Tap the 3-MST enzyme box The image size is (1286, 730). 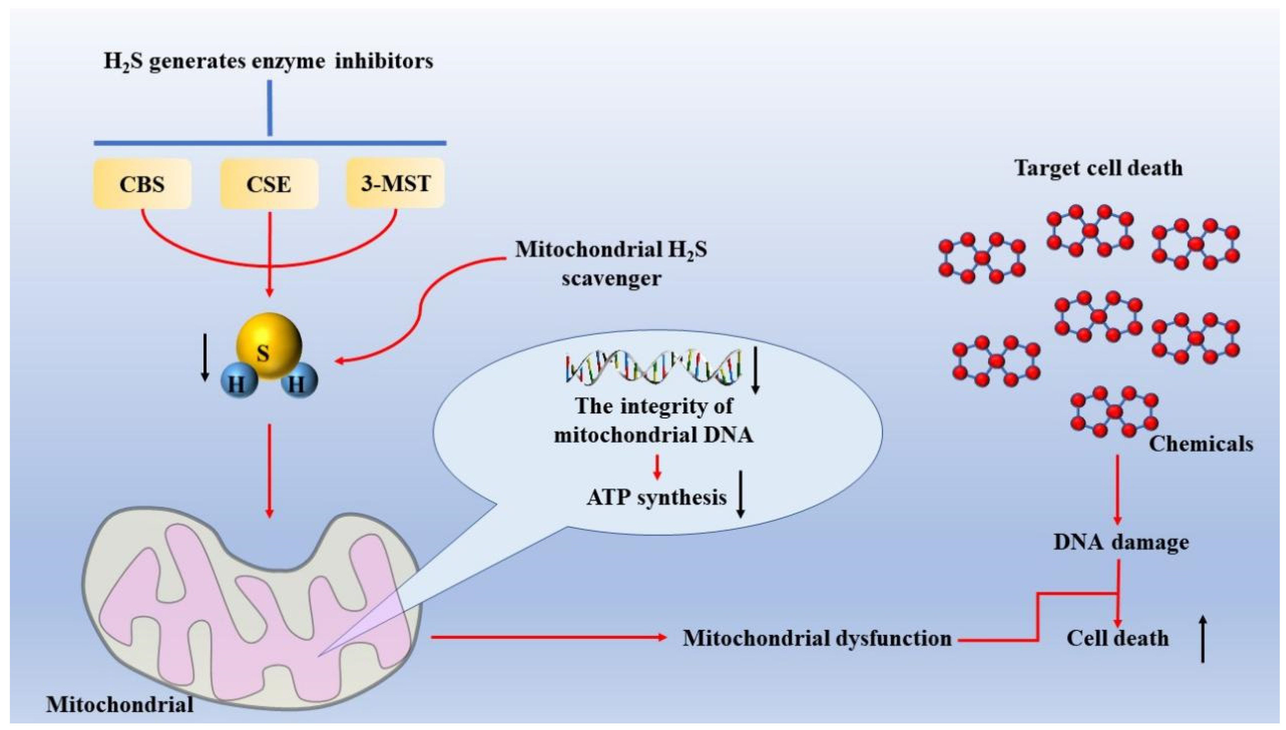[x=395, y=183]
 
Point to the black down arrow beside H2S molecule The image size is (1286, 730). [x=205, y=357]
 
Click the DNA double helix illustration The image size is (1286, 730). [x=654, y=367]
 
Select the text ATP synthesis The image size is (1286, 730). [x=656, y=497]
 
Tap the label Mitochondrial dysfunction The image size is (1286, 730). [x=817, y=638]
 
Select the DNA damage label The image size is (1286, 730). [x=1121, y=542]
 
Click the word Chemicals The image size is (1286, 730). [x=1201, y=444]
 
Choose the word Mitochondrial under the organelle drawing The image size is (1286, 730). [x=120, y=704]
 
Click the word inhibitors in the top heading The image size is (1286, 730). [x=384, y=61]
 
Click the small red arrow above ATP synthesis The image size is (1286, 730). [x=657, y=467]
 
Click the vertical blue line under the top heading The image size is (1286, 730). [x=270, y=108]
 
